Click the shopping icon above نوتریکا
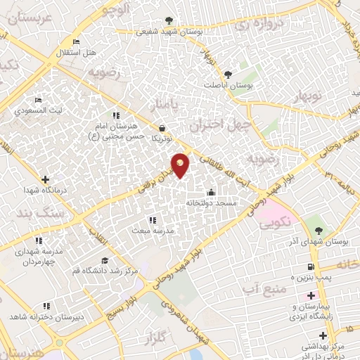tap(163, 129)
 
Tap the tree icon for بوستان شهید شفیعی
tap(167, 20)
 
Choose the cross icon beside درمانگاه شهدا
tap(46, 180)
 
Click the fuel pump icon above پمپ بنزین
tap(309, 267)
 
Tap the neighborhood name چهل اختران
tap(211, 125)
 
